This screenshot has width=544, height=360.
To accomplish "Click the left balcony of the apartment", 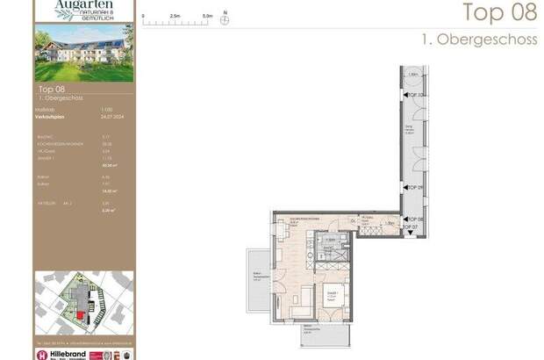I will pyautogui.click(x=258, y=280).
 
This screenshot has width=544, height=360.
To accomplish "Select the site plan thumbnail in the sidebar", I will pyautogui.click(x=84, y=303).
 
